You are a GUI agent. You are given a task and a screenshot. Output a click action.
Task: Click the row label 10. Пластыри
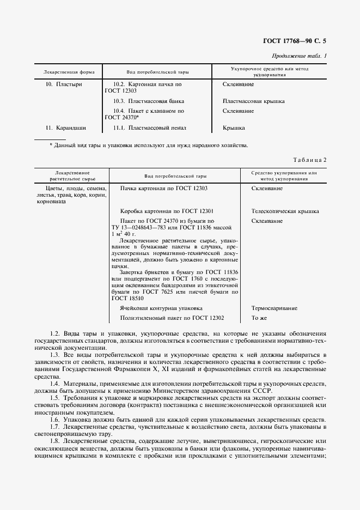click(63, 84)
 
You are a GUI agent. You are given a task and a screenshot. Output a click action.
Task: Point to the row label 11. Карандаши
click(65, 128)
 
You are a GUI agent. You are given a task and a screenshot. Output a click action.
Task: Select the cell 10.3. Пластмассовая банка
click(149, 101)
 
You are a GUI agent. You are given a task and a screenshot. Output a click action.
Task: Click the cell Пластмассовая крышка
click(254, 101)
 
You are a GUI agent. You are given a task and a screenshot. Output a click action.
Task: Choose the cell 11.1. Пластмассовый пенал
click(150, 128)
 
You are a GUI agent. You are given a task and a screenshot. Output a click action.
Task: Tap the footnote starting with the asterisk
click(148, 145)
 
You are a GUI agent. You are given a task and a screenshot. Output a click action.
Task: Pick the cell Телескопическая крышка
click(285, 211)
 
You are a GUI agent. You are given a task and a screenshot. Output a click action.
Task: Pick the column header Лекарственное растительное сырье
click(72, 175)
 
